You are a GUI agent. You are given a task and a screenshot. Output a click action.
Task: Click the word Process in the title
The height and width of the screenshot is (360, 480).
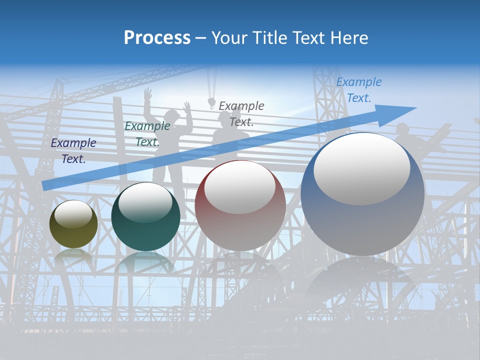pos(157,38)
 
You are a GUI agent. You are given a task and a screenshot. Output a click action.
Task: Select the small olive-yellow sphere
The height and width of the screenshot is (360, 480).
pos(73,224)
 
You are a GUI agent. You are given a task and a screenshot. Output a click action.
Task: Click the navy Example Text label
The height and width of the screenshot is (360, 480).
pos(73,151)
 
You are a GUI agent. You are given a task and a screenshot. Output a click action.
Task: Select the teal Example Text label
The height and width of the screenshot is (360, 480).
pos(147,134)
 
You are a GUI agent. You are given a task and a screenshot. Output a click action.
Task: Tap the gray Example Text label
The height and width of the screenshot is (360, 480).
pos(241,113)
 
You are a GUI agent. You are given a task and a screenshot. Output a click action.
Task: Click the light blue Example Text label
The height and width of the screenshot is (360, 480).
pos(359,90)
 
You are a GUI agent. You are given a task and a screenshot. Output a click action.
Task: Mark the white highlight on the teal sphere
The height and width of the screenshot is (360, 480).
pos(145,201)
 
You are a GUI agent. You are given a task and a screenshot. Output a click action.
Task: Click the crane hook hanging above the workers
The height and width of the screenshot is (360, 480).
pos(211,103)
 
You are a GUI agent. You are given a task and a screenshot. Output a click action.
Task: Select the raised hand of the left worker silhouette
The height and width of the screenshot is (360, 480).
pos(147,93)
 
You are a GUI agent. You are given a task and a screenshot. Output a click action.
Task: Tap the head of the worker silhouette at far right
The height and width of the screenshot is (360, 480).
pos(402,128)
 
